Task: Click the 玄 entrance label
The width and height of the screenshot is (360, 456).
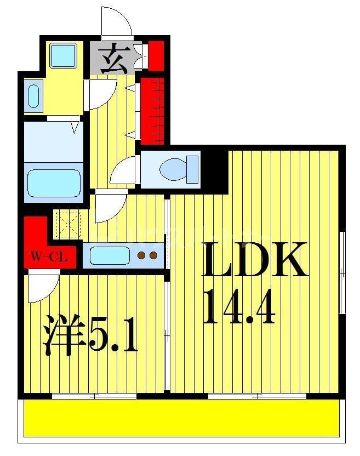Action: pos(113,59)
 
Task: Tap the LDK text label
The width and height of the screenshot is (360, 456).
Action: pos(253,260)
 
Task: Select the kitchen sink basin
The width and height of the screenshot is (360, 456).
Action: pos(109,255)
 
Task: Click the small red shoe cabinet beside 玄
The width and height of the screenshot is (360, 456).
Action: pos(156,55)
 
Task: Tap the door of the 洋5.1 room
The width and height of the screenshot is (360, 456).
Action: pos(43,288)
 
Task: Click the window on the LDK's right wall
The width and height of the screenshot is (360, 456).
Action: pos(342,272)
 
